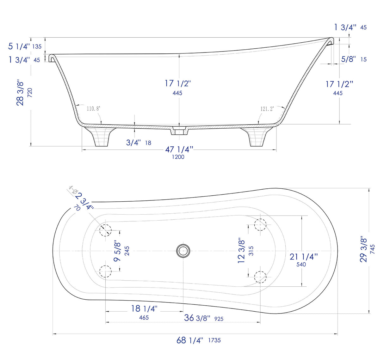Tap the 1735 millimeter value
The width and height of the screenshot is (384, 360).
tap(214, 340)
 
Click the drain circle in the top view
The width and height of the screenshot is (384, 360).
tap(183, 251)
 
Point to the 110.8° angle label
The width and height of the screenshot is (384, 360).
tap(93, 109)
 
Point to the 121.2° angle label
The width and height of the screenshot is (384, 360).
tap(267, 109)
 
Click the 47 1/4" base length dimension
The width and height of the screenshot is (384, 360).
tap(179, 149)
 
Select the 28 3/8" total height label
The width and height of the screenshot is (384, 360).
tap(20, 93)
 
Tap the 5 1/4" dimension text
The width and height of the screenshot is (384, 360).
tap(19, 46)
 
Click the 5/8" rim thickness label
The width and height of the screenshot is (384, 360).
tap(348, 59)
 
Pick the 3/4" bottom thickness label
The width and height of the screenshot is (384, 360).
tap(133, 143)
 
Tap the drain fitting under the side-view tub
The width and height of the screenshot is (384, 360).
tap(179, 130)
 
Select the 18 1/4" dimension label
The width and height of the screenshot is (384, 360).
tap(144, 308)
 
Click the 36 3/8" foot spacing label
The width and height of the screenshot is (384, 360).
tap(197, 318)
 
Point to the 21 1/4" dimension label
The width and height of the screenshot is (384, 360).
tap(303, 257)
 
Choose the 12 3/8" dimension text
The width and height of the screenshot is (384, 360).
tap(241, 251)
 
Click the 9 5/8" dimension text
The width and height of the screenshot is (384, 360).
tap(117, 251)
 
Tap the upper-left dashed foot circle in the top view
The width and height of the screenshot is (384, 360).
tap(106, 230)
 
